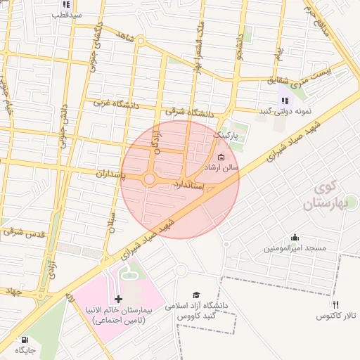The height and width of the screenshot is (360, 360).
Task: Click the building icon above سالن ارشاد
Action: click(x=221, y=157)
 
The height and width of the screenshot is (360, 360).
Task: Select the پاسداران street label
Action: click(x=108, y=173)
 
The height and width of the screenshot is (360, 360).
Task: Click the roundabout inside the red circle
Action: click(x=149, y=180)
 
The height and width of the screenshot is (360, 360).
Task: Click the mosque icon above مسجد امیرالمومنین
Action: click(x=295, y=237)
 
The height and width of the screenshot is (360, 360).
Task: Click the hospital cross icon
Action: click(x=118, y=299)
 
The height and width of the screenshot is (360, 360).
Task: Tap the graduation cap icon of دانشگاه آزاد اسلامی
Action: click(x=197, y=295)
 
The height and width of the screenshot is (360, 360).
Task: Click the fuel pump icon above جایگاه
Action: click(x=25, y=339)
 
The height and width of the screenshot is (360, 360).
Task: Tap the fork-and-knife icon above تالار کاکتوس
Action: click(x=335, y=304)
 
